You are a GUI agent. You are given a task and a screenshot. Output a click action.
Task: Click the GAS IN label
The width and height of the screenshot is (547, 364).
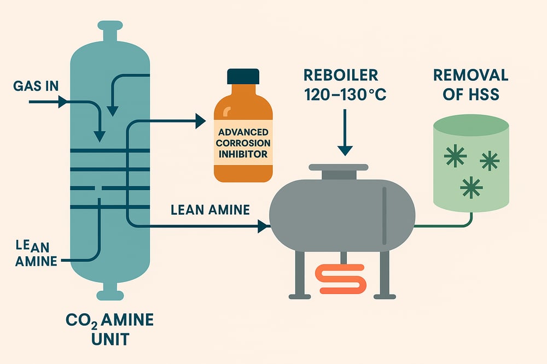click(36, 86)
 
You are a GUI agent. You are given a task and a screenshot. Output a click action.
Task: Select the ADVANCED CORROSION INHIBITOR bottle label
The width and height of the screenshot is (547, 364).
click(243, 143)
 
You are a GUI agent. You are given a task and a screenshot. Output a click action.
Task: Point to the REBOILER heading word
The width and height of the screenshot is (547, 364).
click(341, 75)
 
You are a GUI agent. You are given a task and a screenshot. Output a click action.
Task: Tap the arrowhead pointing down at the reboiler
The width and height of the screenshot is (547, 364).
click(345, 150)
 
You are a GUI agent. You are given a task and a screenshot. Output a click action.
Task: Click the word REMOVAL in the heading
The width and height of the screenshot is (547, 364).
click(470, 75)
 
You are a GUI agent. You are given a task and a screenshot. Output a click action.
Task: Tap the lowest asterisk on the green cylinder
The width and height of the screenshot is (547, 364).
click(471, 187)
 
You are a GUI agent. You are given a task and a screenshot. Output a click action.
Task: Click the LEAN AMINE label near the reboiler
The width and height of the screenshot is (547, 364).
click(210, 209)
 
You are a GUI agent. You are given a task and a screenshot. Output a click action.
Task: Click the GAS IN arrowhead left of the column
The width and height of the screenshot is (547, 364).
click(63, 102)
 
